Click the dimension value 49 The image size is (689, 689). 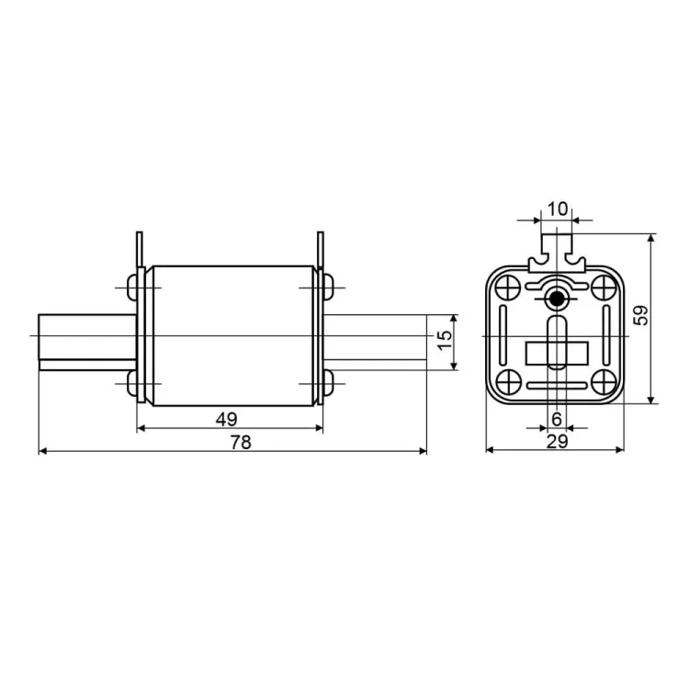click(x=226, y=419)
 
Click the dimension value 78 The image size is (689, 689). click(x=241, y=442)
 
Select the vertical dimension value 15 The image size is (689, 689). click(x=446, y=340)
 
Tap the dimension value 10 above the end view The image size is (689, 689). click(x=558, y=209)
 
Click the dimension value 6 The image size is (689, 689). click(x=557, y=419)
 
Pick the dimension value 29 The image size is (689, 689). click(x=558, y=441)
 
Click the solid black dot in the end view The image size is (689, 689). click(x=557, y=299)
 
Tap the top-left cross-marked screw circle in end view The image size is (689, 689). click(x=508, y=288)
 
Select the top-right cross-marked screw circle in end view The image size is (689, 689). click(x=604, y=288)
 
